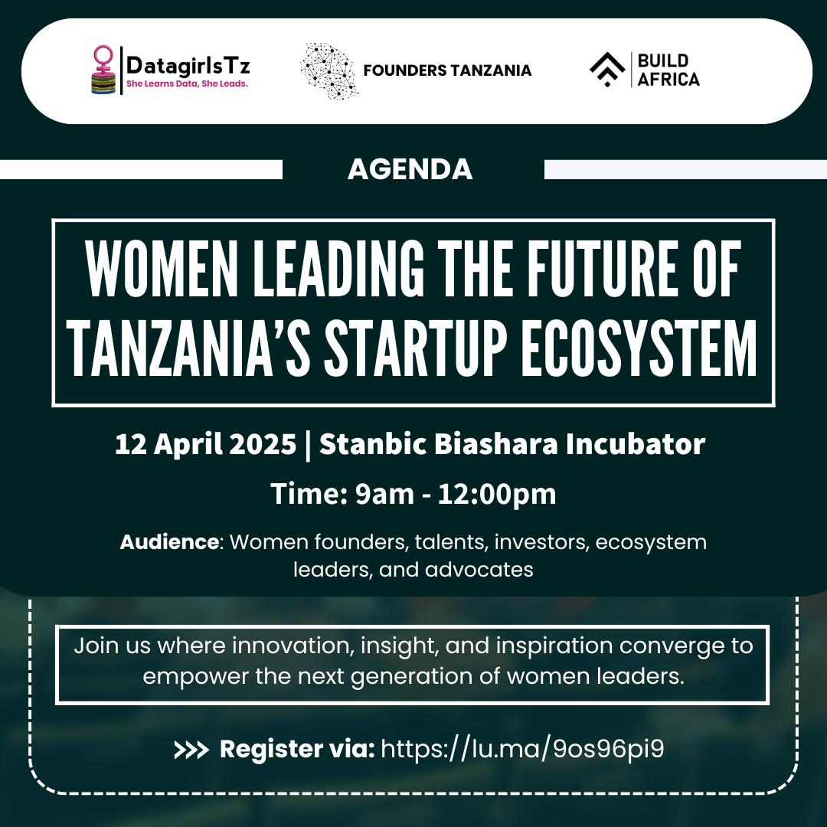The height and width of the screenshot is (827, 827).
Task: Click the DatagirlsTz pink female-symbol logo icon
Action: pos(102,70)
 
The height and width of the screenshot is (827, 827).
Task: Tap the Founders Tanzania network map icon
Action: pos(329,70)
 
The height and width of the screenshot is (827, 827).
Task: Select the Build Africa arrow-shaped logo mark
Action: pos(606,70)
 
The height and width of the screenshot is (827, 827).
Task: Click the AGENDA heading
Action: pos(410,169)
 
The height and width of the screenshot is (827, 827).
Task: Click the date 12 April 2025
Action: pos(204,444)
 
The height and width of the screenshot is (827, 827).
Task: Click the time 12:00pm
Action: pos(497,494)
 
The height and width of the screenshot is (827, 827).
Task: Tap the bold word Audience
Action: pos(169,542)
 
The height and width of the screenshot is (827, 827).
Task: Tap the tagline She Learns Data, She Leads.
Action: pos(187,83)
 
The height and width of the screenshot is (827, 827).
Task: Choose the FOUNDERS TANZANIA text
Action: pos(447,70)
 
